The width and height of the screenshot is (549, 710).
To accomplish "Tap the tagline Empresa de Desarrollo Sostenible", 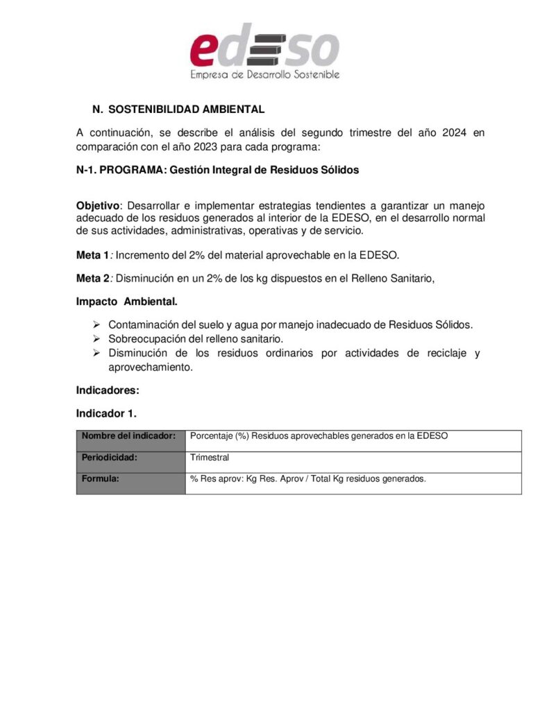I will point(264,74).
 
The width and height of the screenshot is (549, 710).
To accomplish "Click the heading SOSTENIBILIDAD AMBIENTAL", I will point(186,110).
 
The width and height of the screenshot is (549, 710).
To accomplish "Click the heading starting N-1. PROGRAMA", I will point(217,170).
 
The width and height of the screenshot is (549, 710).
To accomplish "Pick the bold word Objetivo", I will point(97,205).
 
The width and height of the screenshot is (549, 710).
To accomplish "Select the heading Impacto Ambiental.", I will point(126,302).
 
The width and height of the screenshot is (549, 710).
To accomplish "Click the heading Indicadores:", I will point(108,390).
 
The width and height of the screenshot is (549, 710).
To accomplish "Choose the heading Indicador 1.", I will point(106,413).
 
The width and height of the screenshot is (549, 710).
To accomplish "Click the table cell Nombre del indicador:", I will point(128,436).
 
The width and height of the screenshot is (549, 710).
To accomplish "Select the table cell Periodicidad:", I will point(109,458).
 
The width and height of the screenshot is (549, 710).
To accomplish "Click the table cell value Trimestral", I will point(210,458).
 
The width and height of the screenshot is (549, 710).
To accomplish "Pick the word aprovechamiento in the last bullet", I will point(150,367).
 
